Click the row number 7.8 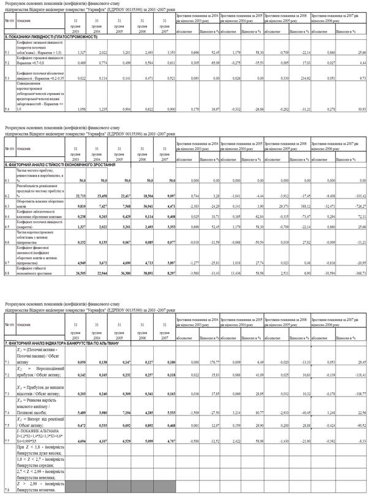pos(6,491)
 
